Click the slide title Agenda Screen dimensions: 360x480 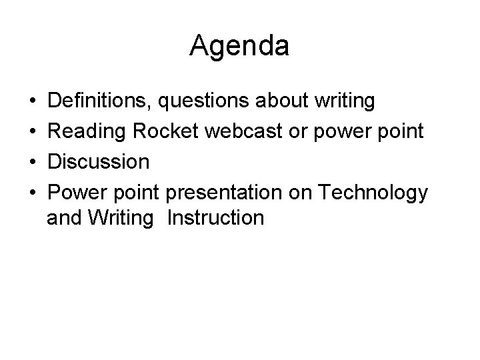click(239, 46)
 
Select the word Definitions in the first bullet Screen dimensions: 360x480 click(100, 101)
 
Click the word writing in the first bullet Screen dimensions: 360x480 click(346, 103)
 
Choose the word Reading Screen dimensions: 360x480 click(87, 132)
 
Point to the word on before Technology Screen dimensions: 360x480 click(303, 193)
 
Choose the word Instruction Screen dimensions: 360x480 click(216, 218)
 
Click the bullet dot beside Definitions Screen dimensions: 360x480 click(33, 102)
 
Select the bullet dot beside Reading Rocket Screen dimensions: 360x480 click(33, 132)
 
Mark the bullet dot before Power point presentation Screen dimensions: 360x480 click(33, 193)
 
